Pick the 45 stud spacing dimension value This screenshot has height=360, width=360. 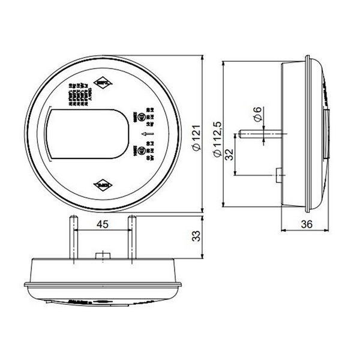(103, 224)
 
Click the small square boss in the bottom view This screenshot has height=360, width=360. (103, 256)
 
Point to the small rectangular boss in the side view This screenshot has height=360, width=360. (277, 175)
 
